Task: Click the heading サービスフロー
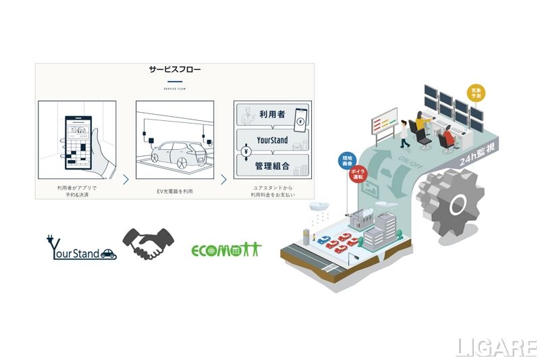175,69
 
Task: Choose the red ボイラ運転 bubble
357,174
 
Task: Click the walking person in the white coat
404,134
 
